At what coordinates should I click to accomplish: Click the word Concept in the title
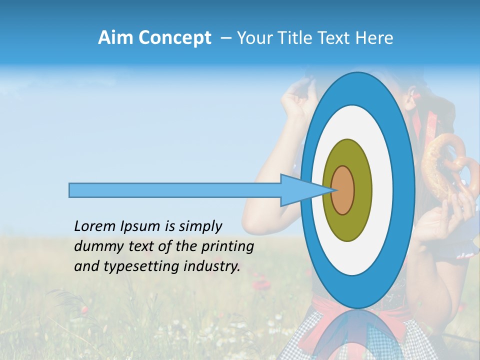(x=175, y=38)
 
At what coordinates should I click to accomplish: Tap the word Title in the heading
(x=305, y=38)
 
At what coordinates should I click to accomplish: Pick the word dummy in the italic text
(x=95, y=246)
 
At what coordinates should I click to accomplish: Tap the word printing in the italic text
(x=227, y=246)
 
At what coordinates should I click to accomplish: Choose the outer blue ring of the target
(x=404, y=190)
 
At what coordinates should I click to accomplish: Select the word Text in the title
(x=340, y=38)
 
